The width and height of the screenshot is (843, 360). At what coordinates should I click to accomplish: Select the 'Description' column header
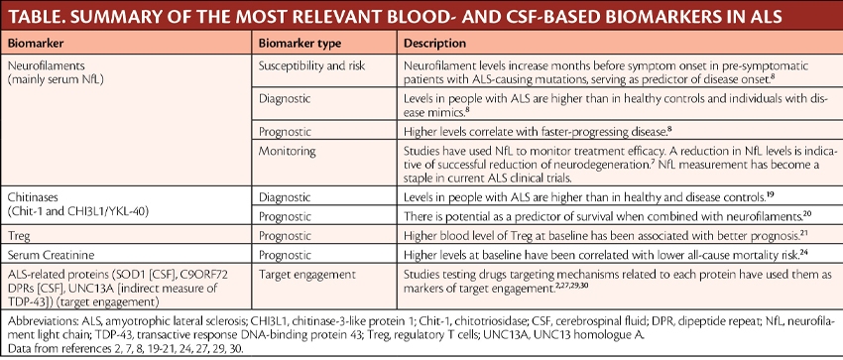[x=439, y=45]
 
